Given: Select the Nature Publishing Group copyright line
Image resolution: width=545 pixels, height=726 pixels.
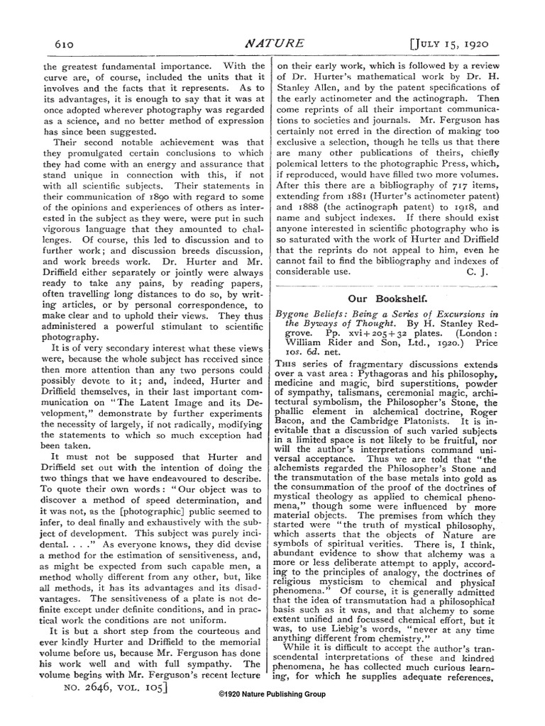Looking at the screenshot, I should pyautogui.click(x=272, y=694).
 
